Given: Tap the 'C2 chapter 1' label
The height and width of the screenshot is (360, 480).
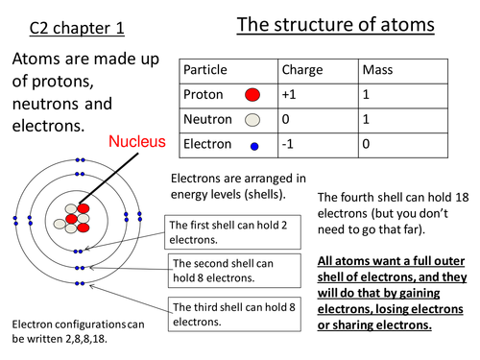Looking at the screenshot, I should [x=63, y=30].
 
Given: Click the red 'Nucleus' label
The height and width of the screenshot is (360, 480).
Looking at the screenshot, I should [x=136, y=141].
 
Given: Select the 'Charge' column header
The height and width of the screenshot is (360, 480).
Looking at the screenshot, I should [x=302, y=70].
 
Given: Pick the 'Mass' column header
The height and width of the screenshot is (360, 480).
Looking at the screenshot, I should [x=377, y=70].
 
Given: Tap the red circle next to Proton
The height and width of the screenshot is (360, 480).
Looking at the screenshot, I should [x=252, y=95].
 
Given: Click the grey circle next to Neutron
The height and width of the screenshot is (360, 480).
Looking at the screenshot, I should [x=252, y=120].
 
